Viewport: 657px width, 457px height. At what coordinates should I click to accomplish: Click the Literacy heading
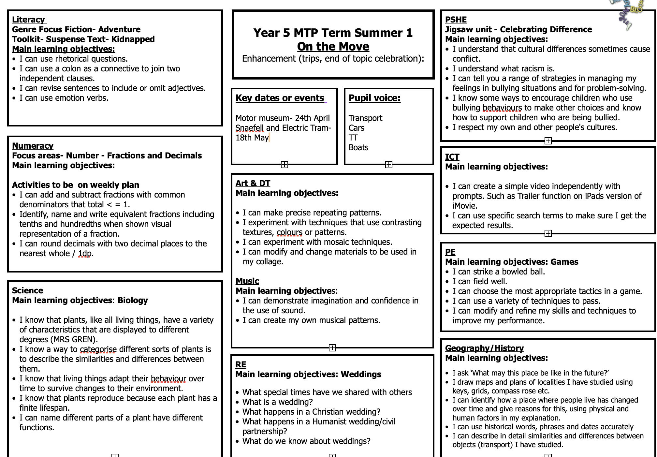(x=29, y=20)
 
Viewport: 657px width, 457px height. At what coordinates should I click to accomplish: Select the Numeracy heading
(x=33, y=146)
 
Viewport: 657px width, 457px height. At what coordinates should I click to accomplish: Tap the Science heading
(x=28, y=290)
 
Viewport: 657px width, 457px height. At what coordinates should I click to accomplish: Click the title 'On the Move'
(x=333, y=47)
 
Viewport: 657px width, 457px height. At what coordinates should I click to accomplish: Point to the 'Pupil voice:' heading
(x=374, y=98)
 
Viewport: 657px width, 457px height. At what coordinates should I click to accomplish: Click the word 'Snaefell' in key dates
(x=250, y=128)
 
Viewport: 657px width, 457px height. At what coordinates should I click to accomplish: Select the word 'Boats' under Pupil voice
(x=358, y=148)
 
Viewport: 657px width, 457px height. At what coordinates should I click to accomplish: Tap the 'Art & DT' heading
(x=253, y=184)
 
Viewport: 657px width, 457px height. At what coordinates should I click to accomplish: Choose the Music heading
(x=247, y=281)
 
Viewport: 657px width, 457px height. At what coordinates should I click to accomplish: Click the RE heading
(x=241, y=364)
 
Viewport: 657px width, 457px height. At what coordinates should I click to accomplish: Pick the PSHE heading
(x=456, y=20)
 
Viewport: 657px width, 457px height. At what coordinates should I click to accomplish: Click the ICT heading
(x=452, y=157)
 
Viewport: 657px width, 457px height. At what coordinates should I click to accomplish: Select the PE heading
(x=450, y=252)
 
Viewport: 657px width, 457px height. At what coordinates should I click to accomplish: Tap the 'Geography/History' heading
(x=484, y=348)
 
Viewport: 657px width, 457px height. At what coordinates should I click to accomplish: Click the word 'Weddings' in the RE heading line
(x=361, y=374)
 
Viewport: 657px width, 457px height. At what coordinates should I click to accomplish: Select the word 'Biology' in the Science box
(x=133, y=300)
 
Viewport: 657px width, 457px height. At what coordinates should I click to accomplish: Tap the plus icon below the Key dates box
(x=285, y=165)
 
